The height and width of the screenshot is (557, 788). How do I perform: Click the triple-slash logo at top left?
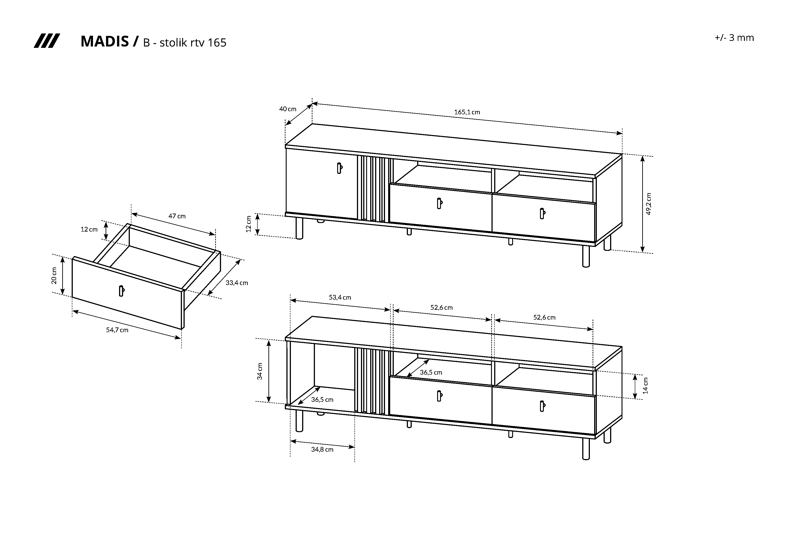point(47,41)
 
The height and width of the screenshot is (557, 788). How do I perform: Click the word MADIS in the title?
point(104,42)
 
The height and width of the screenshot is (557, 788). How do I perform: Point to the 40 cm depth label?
point(288,109)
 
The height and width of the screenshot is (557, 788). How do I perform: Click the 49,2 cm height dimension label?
point(648,204)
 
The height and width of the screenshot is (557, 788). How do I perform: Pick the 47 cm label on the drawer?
point(177,216)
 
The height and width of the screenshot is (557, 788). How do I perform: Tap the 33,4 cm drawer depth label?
point(237,283)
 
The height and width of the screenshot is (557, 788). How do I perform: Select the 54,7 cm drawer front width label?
point(117,330)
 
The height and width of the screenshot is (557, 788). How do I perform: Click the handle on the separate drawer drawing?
point(121,291)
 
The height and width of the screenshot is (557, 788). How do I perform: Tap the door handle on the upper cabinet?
point(339,168)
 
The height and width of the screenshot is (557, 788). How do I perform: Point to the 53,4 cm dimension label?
point(340,297)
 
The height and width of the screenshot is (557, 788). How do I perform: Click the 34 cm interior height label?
point(260,371)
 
